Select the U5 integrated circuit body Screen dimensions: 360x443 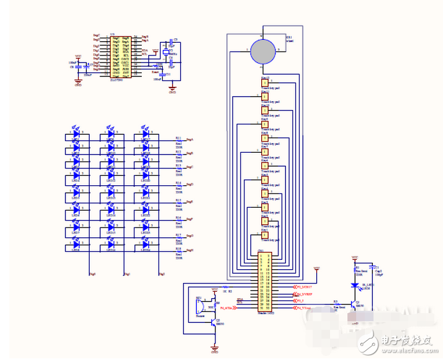coord(120,56)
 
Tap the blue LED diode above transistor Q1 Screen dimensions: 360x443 coord(354,285)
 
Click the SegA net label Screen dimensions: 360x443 coord(190,139)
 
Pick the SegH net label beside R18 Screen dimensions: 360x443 coord(190,249)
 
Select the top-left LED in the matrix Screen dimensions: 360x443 coord(75,134)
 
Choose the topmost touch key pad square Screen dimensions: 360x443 coord(265,82)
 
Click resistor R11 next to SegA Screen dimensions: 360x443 coord(178,140)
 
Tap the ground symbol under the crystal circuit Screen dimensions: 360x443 coord(172,87)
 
